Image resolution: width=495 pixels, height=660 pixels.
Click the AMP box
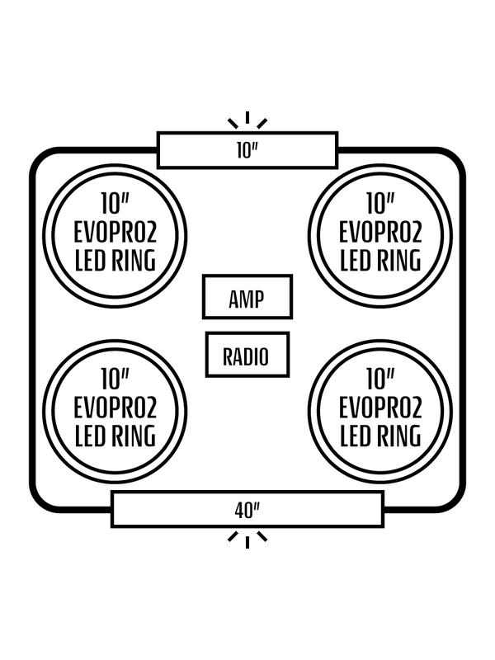point(247,297)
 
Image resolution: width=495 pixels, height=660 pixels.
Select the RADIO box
point(247,356)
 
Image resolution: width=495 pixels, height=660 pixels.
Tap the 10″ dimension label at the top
point(247,150)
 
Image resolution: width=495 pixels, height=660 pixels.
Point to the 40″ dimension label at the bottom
point(247,509)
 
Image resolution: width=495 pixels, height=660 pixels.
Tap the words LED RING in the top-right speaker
point(380,261)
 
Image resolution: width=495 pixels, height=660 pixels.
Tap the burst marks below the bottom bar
point(247,538)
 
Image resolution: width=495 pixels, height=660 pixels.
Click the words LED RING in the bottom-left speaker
point(115,435)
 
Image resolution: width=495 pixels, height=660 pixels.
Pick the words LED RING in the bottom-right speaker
point(380,435)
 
